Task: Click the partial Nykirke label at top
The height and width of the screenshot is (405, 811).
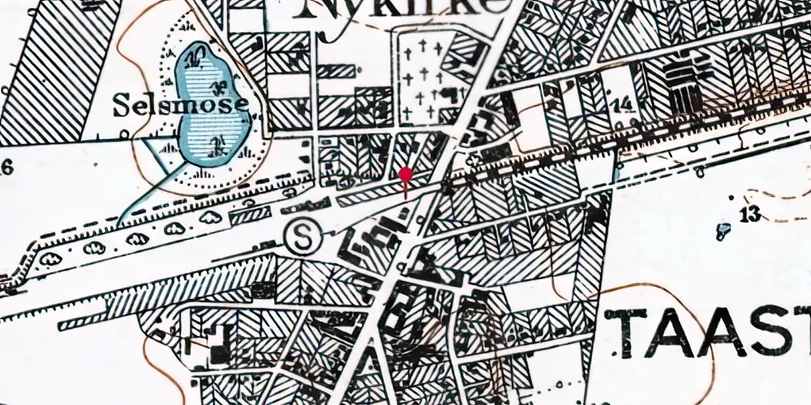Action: [x=405, y=8]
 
